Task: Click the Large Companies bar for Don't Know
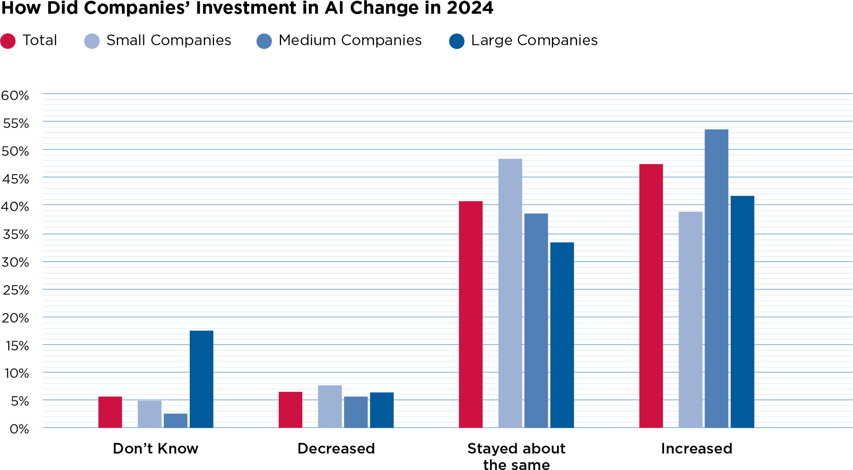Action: (201, 379)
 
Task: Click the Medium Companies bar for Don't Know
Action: (175, 420)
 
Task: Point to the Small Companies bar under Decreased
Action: (330, 406)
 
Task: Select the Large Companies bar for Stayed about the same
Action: (562, 335)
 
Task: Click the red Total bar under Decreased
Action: (290, 410)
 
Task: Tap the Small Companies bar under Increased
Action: (690, 320)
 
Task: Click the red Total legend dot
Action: (8, 41)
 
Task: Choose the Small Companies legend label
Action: (168, 40)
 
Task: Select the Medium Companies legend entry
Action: (350, 40)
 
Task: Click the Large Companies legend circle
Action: (457, 41)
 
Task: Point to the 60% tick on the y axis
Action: (15, 95)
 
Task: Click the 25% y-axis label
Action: (16, 290)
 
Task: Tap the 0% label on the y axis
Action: (19, 429)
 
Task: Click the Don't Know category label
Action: (155, 448)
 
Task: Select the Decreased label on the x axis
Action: (336, 448)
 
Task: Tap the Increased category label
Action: (696, 448)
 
